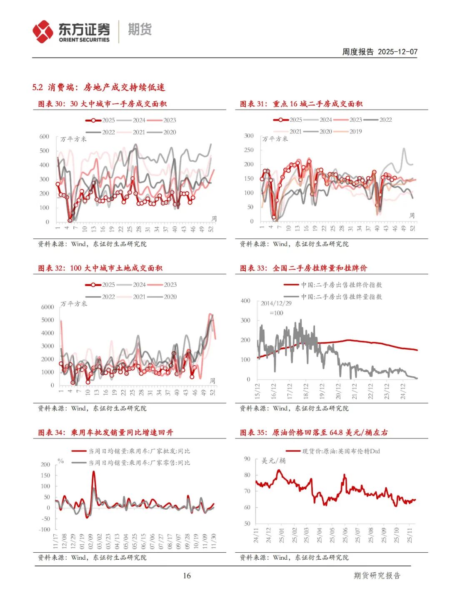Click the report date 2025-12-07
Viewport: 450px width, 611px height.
pos(397,52)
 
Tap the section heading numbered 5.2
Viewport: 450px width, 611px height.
pos(98,87)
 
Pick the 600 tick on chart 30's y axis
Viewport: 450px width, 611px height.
pos(44,137)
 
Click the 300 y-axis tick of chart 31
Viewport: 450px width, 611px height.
pos(249,136)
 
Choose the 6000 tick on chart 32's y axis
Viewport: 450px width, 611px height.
pos(47,307)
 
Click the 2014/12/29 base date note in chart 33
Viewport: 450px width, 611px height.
pos(276,303)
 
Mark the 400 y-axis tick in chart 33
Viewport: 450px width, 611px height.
pos(245,301)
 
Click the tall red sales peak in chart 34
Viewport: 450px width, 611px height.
pos(94,473)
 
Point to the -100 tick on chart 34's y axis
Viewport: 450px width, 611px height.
pos(45,530)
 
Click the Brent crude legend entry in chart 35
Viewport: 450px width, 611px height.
pos(333,451)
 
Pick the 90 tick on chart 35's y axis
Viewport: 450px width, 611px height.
pos(247,459)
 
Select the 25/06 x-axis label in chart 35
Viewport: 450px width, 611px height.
pos(345,535)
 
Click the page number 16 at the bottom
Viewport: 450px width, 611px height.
pos(187,576)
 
